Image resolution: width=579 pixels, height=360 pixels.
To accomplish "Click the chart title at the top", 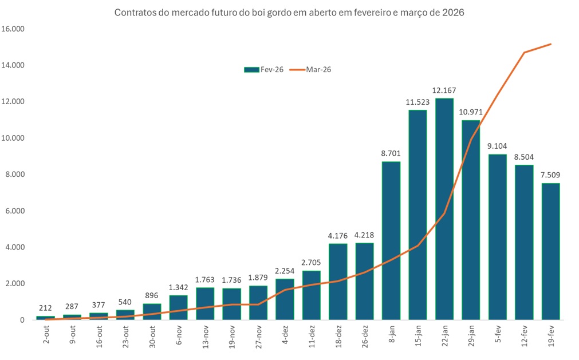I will tap(289, 12).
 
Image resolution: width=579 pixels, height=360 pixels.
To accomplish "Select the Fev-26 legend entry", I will tap(259, 69).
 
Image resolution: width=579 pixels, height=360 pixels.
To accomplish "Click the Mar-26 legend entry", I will tap(312, 69).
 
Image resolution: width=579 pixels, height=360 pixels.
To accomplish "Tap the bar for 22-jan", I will tap(444, 209).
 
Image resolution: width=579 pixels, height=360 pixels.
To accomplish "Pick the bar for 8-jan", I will tap(391, 240).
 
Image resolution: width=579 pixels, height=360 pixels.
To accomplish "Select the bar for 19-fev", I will tap(550, 252).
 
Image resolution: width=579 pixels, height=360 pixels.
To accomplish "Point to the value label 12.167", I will tap(444, 90).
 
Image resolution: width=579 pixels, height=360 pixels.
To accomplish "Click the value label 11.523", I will tap(417, 102).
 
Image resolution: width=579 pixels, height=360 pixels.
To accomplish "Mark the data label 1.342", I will tap(178, 287).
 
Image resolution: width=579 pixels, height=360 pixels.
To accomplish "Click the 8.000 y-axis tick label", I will tap(15, 175).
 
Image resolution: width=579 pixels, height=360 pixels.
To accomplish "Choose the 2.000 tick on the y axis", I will tap(15, 284).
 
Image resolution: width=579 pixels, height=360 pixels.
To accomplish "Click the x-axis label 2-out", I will tap(46, 334).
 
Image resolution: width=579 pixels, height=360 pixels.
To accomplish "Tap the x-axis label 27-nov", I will tap(259, 337).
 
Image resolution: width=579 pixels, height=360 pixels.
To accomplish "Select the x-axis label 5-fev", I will tap(497, 334).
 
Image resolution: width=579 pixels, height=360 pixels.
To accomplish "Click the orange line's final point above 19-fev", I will tap(550, 44).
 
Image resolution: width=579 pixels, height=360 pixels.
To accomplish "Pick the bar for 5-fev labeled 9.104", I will tap(497, 237).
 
